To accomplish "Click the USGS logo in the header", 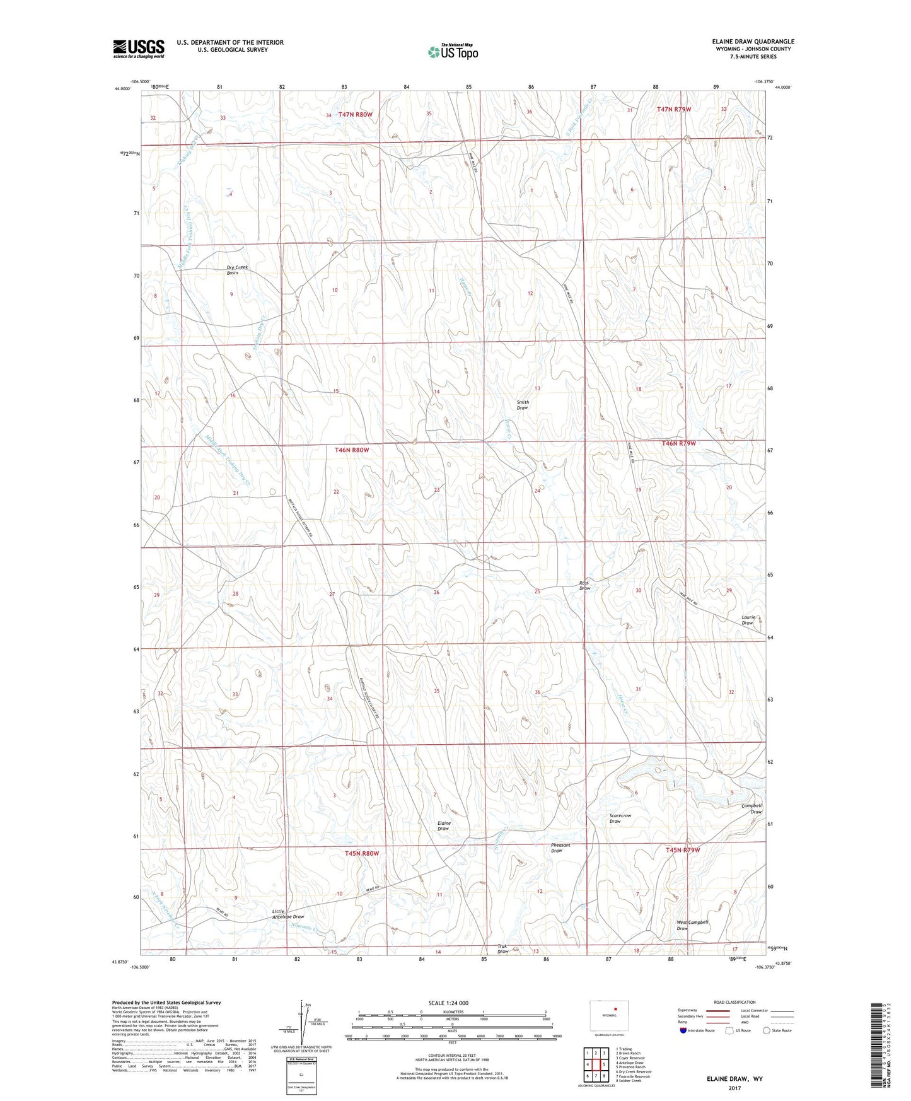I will pos(139,48).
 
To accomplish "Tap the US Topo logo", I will pos(452,52).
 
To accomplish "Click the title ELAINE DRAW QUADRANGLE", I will pos(753,42).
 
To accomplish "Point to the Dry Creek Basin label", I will pos(237,270).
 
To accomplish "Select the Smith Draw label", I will pos(523,405).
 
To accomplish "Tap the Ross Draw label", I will pos(584,586).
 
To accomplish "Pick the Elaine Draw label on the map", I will pos(443,826).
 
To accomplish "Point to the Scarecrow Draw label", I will pos(620,818).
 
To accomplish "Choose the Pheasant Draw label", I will pos(556,848).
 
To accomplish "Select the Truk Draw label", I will pos(502,949).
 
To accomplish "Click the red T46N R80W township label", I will pos(351,450).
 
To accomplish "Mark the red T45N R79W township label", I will pos(683,850).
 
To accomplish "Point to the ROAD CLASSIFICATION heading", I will pos(734,1002).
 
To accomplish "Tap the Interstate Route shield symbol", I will pos(683,1030).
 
